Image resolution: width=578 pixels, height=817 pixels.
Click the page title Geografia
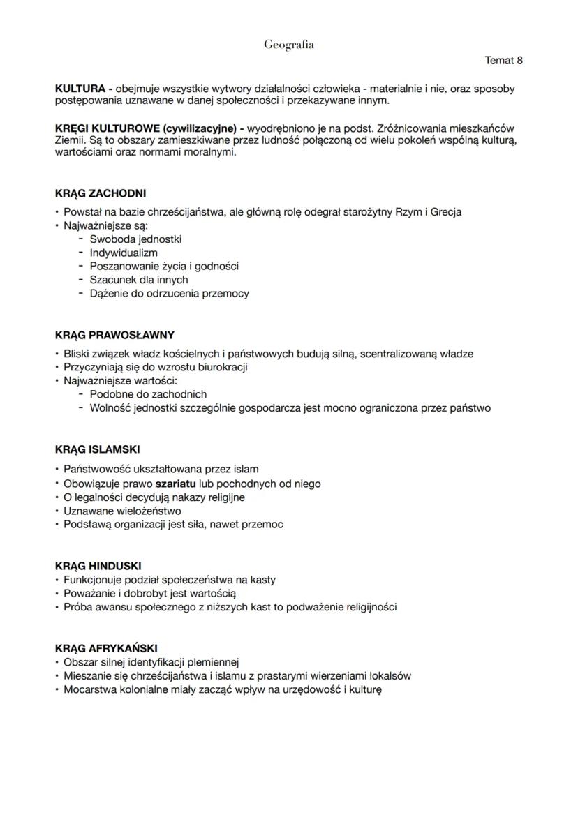pyautogui.click(x=288, y=45)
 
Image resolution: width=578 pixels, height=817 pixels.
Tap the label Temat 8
pyautogui.click(x=503, y=61)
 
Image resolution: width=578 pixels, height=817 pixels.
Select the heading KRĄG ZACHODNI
pyautogui.click(x=100, y=193)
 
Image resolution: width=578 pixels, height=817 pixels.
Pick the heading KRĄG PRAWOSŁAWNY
pyautogui.click(x=114, y=335)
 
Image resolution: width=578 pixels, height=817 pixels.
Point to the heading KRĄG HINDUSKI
pyautogui.click(x=98, y=567)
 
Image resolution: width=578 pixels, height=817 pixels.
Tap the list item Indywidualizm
pyautogui.click(x=124, y=253)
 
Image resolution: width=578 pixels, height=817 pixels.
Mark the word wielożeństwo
pyautogui.click(x=146, y=511)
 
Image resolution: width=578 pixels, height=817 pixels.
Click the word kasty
pyautogui.click(x=261, y=580)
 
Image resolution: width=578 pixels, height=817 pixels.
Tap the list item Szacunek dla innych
pyautogui.click(x=139, y=280)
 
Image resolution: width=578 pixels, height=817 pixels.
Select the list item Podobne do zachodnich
pyautogui.click(x=148, y=394)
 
